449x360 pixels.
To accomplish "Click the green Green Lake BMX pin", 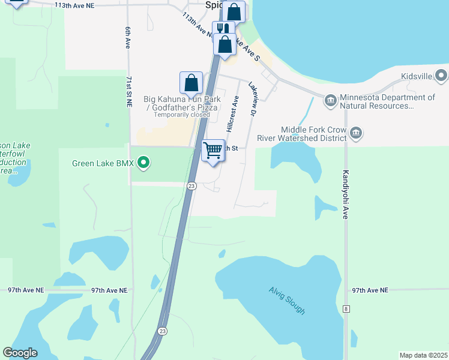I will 143,162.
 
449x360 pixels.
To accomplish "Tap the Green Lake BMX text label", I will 104,163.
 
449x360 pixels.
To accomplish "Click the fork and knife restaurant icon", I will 223,29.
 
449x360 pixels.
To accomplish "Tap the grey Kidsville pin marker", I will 442,76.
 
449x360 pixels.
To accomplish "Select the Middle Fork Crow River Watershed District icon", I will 356,133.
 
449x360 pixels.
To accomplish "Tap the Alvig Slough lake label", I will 287,301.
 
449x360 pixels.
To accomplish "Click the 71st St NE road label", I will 128,91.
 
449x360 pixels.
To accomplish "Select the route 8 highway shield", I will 346,308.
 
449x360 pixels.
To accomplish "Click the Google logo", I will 20,353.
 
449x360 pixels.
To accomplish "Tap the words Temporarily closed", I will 182,115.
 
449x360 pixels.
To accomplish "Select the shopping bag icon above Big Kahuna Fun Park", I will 191,83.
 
